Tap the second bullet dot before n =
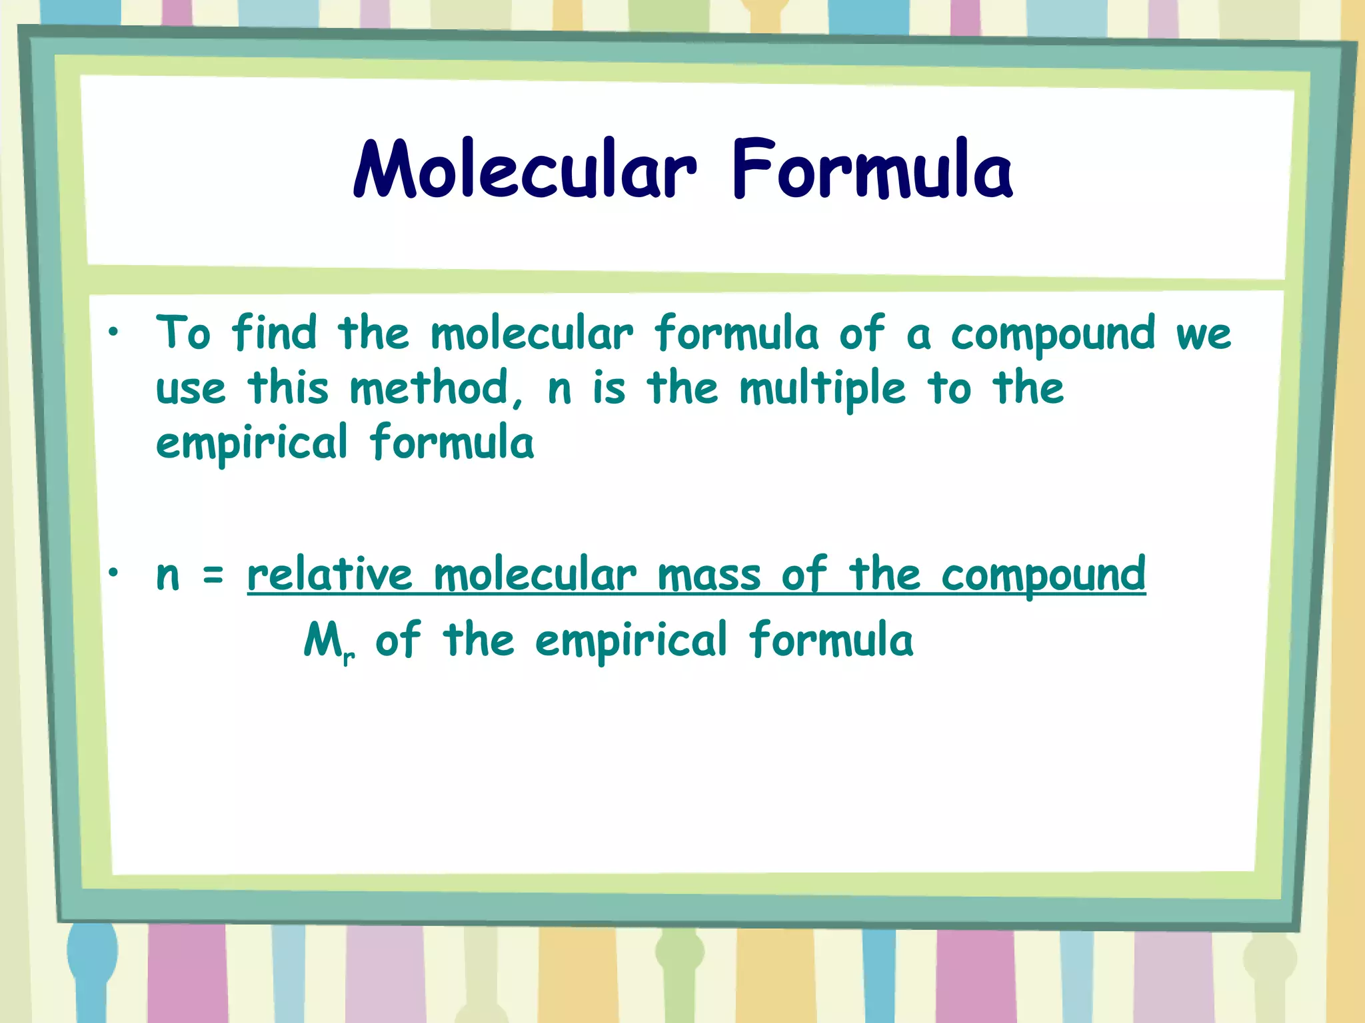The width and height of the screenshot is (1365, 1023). [115, 571]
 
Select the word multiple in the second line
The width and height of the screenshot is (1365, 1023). [822, 389]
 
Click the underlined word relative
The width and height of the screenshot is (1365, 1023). [330, 574]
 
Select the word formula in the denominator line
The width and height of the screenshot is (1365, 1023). [830, 639]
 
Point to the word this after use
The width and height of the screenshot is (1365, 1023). [288, 388]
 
